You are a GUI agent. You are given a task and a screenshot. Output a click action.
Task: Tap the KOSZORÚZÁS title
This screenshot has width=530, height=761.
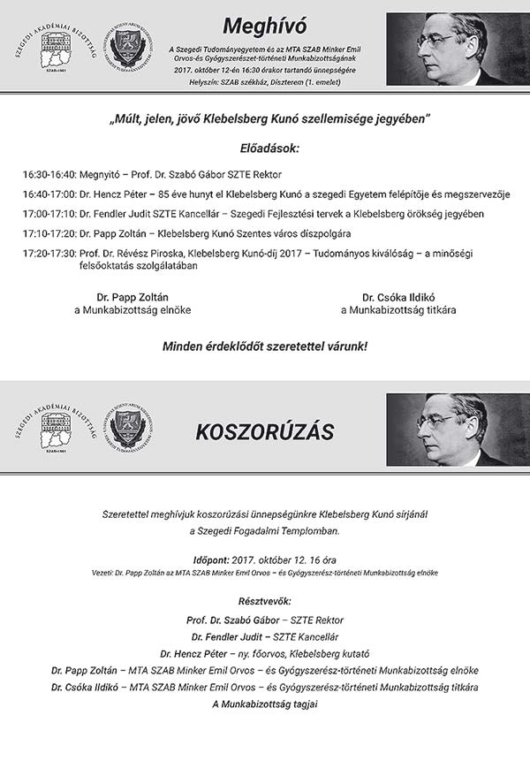pos(264,431)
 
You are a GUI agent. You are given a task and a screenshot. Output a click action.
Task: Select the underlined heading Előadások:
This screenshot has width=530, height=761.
pos(269,148)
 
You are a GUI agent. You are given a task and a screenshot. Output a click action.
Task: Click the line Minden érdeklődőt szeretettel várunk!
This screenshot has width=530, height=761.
pos(265,346)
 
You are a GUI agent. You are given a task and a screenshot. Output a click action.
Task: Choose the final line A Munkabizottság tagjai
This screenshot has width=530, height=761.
pos(265,704)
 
